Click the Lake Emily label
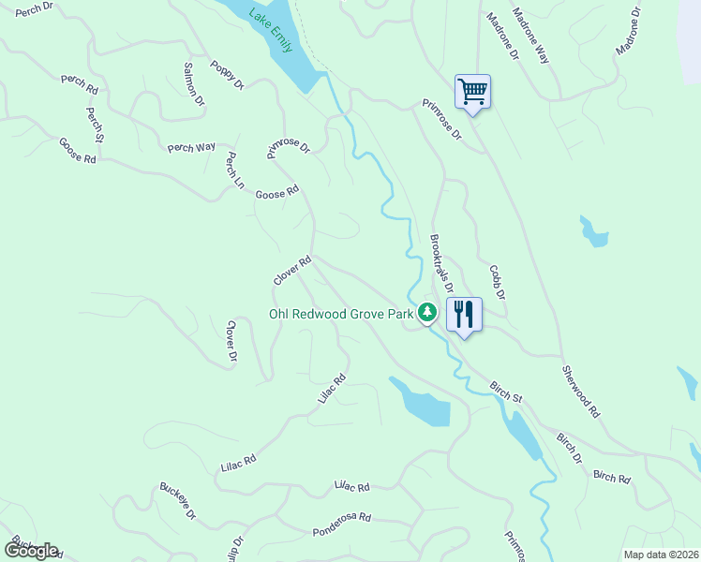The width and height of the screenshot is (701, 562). click(271, 30)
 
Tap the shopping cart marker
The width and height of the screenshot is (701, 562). click(473, 92)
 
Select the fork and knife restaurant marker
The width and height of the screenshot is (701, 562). click(464, 314)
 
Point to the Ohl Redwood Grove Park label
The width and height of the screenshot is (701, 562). click(341, 315)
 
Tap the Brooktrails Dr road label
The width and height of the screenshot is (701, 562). click(442, 264)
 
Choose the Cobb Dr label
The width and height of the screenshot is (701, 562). click(497, 282)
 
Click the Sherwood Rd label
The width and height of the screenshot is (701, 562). click(581, 392)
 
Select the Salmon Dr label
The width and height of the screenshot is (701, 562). click(194, 84)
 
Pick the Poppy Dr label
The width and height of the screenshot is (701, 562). click(227, 76)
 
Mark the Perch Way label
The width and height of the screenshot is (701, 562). click(192, 148)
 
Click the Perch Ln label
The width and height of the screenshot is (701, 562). click(234, 172)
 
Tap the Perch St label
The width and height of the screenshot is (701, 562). click(95, 125)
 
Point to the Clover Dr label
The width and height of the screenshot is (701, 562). click(231, 341)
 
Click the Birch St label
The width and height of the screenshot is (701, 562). click(506, 392)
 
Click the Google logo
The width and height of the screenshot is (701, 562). click(31, 551)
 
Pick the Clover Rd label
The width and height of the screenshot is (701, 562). click(291, 272)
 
